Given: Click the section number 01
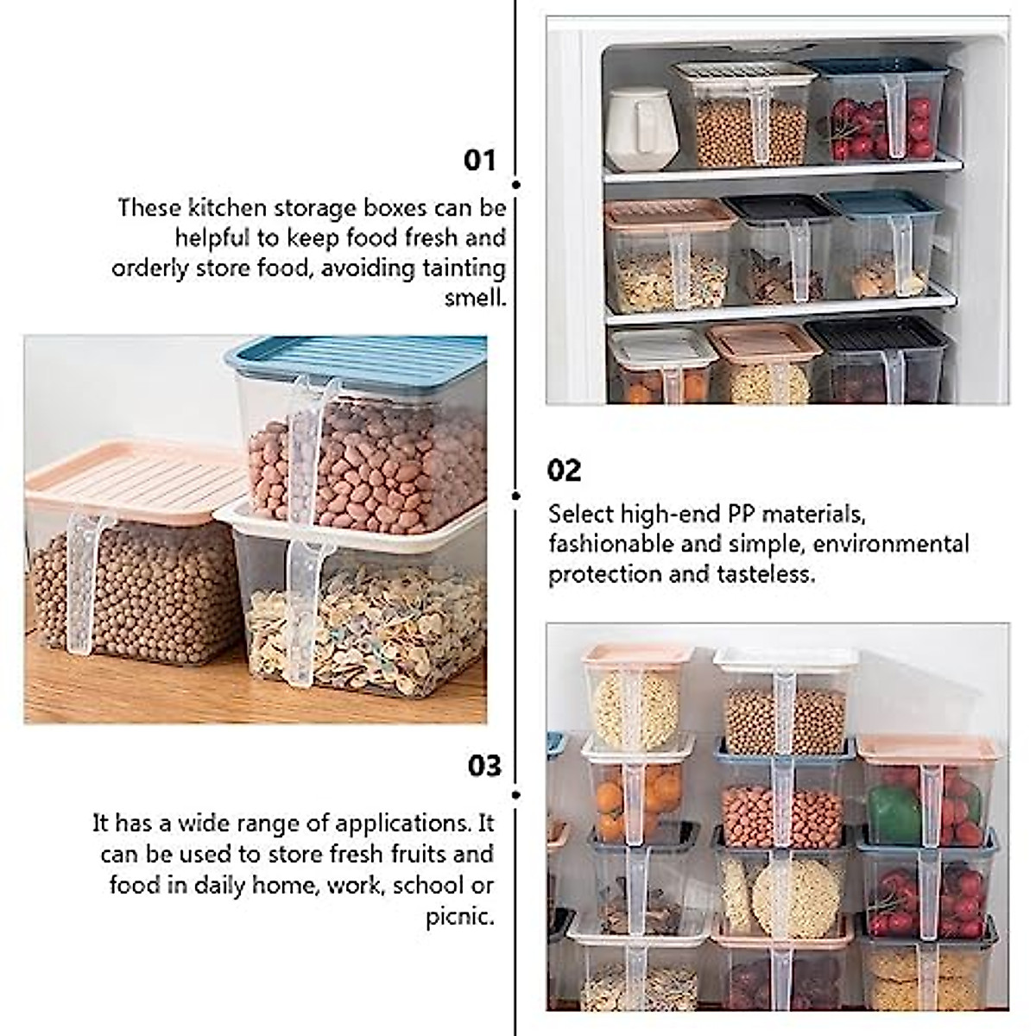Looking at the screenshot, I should click(480, 161).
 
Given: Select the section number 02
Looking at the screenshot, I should click(564, 471).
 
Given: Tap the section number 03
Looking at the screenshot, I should click(484, 766).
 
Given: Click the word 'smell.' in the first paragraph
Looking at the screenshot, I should click(475, 298).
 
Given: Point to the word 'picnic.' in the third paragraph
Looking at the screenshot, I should click(459, 916).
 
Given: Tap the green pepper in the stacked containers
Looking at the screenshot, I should click(894, 816).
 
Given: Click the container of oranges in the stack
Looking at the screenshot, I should click(639, 790).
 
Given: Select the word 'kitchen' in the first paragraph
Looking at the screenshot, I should click(229, 208).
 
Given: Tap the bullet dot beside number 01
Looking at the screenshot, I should click(516, 185).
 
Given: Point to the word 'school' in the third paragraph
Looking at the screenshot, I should click(427, 885).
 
